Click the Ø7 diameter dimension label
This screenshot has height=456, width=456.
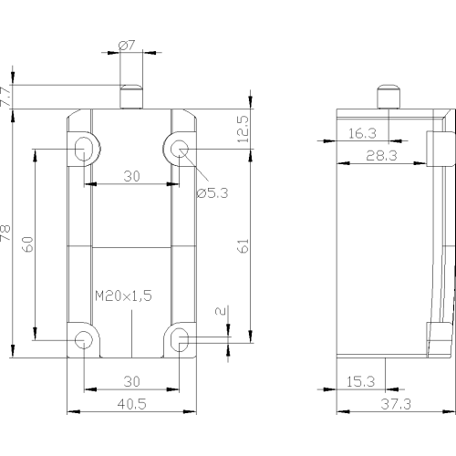click(127, 46)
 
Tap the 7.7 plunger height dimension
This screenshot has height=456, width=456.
click(5, 97)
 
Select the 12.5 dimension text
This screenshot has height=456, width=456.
click(244, 129)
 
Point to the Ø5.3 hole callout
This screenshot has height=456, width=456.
click(212, 192)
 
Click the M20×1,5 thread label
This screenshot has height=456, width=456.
click(123, 295)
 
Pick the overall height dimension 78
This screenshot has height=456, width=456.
click(5, 233)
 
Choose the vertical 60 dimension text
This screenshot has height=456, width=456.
click(28, 244)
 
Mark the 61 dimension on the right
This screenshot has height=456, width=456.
click(244, 246)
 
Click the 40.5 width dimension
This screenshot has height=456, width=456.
click(131, 404)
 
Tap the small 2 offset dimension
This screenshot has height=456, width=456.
click(221, 311)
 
